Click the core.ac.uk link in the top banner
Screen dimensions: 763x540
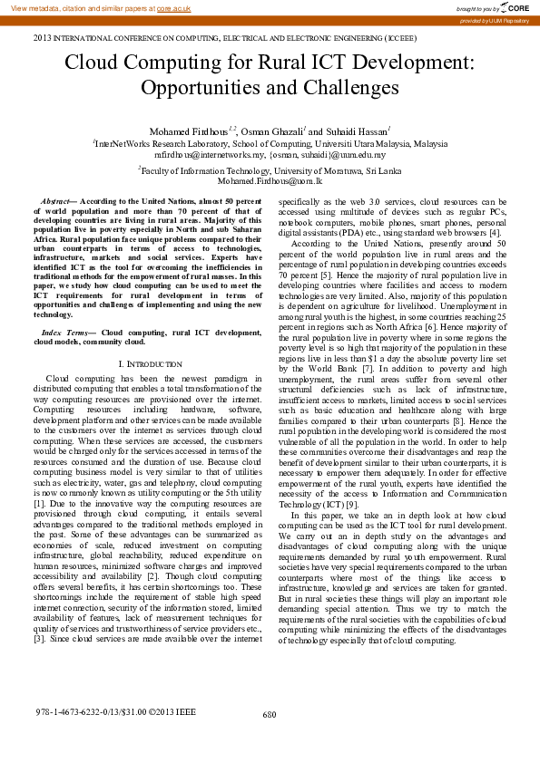(x=172, y=7)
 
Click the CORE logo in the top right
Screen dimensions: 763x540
(x=518, y=7)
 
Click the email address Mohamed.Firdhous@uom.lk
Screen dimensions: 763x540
(x=270, y=181)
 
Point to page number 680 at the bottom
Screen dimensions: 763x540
(x=270, y=715)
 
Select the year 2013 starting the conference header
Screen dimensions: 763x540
(x=43, y=40)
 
